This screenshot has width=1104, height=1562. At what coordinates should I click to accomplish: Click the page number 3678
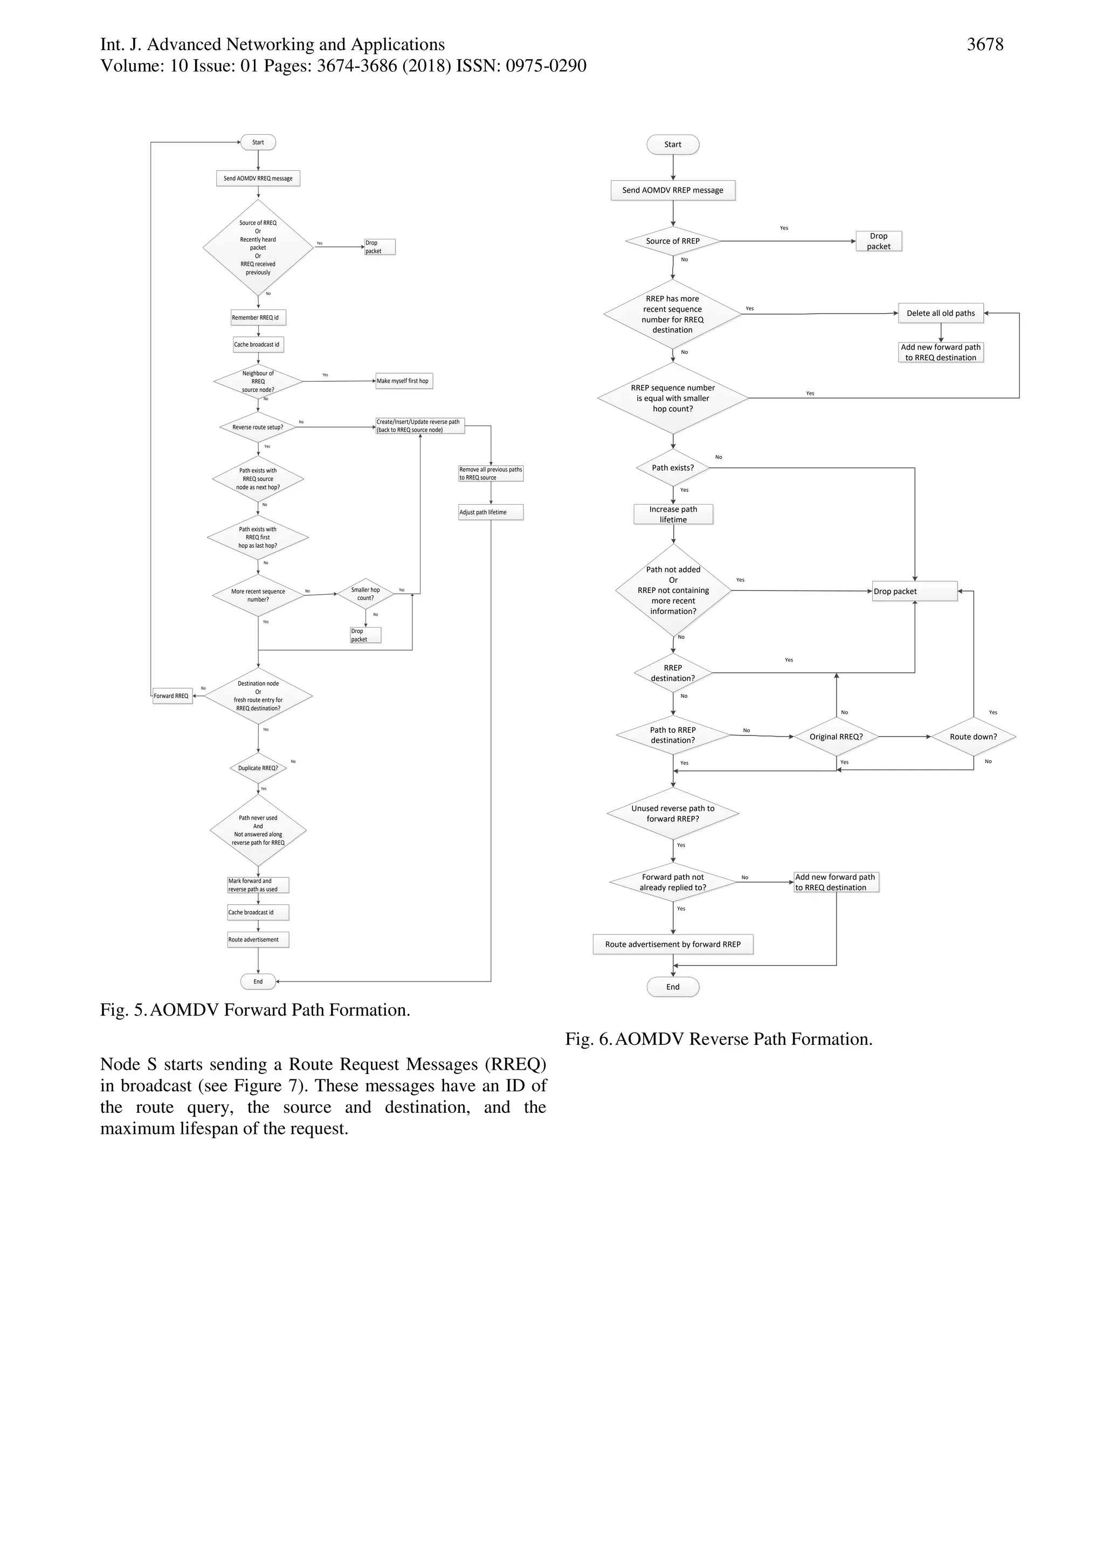pyautogui.click(x=984, y=45)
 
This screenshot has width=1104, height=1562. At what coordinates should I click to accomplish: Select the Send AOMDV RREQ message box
pyautogui.click(x=258, y=178)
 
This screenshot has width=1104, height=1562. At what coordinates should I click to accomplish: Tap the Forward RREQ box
pyautogui.click(x=171, y=696)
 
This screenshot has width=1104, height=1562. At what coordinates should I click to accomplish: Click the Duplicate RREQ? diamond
pyautogui.click(x=258, y=768)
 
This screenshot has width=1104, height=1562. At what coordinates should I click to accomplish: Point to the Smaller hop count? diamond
pyautogui.click(x=365, y=594)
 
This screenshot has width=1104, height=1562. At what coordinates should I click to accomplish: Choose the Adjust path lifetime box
pyautogui.click(x=491, y=512)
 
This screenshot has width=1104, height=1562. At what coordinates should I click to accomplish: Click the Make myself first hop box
pyautogui.click(x=403, y=381)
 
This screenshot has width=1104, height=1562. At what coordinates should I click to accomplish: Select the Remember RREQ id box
pyautogui.click(x=258, y=318)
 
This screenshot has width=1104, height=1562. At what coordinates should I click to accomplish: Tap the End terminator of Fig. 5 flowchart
pyautogui.click(x=258, y=982)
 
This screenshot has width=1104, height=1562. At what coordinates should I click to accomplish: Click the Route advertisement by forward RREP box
pyautogui.click(x=673, y=944)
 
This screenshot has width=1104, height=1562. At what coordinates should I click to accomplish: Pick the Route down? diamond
pyautogui.click(x=974, y=737)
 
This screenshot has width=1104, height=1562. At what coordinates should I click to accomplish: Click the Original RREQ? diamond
pyautogui.click(x=836, y=737)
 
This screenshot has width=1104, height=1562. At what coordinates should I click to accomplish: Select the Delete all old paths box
pyautogui.click(x=941, y=314)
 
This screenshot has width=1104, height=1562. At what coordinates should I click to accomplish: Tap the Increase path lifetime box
pyautogui.click(x=673, y=514)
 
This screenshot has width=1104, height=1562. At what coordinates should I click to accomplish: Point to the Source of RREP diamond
pyautogui.click(x=673, y=241)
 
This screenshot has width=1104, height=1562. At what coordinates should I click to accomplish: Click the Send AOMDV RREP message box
pyautogui.click(x=673, y=190)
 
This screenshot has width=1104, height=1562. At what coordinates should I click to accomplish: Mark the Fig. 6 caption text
pyautogui.click(x=719, y=1040)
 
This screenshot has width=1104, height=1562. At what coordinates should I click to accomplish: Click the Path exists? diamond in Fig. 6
pyautogui.click(x=673, y=468)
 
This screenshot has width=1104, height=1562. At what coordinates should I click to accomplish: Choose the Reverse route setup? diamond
pyautogui.click(x=258, y=427)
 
